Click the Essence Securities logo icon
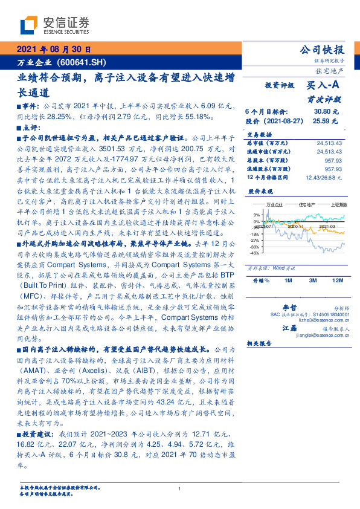pyautogui.click(x=29, y=25)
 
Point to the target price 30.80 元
pyautogui.click(x=329, y=112)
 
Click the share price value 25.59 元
pyautogui.click(x=329, y=121)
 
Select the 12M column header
pyautogui.click(x=337, y=280)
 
